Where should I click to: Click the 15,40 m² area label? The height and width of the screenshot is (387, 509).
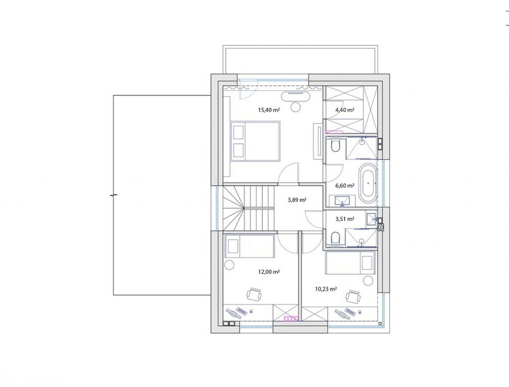click(x=269, y=110)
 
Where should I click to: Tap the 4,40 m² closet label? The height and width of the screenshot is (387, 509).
click(x=345, y=110)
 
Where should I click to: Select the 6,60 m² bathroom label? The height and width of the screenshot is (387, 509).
click(x=345, y=185)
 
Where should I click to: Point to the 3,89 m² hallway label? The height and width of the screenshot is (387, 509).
click(x=297, y=200)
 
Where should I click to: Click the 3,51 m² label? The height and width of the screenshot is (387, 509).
click(x=345, y=219)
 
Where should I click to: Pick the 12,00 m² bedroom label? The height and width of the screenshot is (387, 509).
click(x=269, y=272)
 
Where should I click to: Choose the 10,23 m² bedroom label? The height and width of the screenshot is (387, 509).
click(x=326, y=289)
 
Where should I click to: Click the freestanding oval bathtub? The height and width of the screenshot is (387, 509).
click(x=368, y=183)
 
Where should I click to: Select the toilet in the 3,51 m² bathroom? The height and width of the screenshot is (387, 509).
click(x=335, y=238)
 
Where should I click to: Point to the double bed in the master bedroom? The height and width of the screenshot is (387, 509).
click(x=255, y=141)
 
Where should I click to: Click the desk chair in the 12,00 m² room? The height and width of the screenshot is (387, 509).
click(x=66, y=294)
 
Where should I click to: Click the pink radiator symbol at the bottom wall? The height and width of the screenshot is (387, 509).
click(x=291, y=318)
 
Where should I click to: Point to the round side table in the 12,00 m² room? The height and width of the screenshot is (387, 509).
click(x=229, y=265)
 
